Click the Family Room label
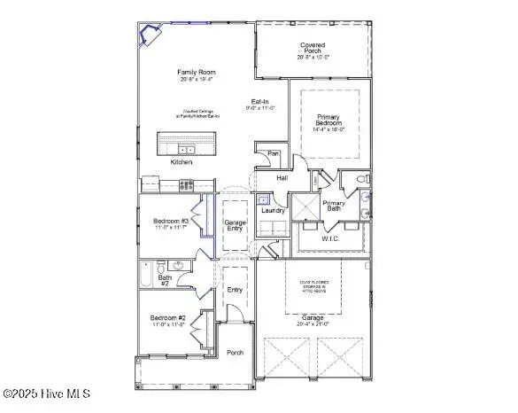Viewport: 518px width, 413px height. tap(196, 73)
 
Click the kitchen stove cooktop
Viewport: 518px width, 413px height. tap(187, 185)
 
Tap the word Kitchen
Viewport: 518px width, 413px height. tap(182, 163)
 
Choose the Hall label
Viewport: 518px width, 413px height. tap(282, 178)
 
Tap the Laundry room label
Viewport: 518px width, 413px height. tap(273, 210)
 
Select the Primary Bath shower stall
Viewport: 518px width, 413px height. tap(306, 209)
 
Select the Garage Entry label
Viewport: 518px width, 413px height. tap(235, 226)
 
